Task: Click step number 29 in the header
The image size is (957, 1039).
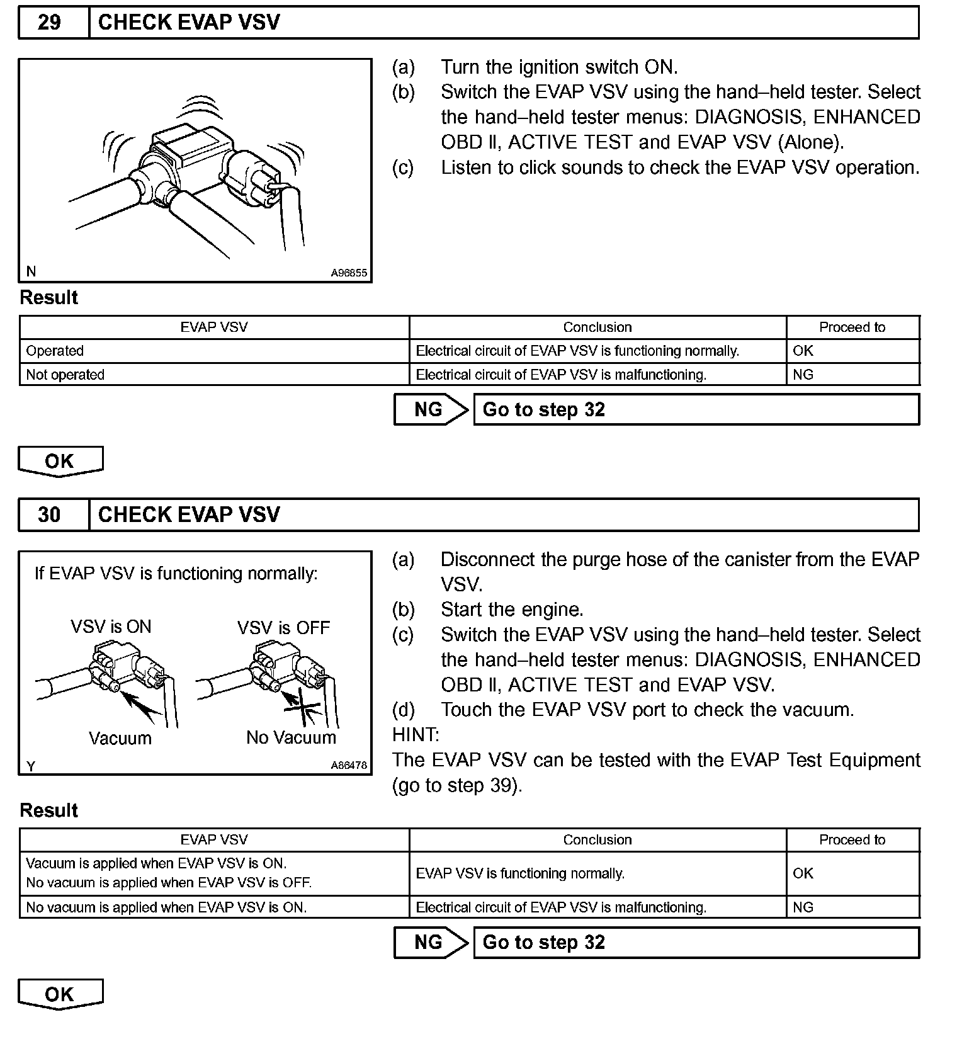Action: [x=50, y=23]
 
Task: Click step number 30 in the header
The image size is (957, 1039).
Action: [x=50, y=514]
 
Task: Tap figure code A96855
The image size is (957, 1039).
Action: [x=349, y=273]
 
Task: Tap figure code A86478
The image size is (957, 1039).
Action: [x=349, y=766]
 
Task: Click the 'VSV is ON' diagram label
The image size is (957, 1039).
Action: [x=111, y=627]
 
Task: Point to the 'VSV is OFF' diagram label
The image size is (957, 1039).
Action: [x=283, y=628]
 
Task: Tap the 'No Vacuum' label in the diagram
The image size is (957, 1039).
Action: [x=291, y=737]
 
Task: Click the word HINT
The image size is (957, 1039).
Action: [x=416, y=734]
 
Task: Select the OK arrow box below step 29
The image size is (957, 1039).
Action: [x=60, y=461]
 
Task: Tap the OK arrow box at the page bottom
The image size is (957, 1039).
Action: [x=60, y=994]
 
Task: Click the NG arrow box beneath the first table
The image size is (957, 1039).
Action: [x=429, y=410]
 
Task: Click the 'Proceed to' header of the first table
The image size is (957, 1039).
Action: [x=852, y=327]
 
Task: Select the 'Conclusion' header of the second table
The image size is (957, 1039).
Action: [x=597, y=840]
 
